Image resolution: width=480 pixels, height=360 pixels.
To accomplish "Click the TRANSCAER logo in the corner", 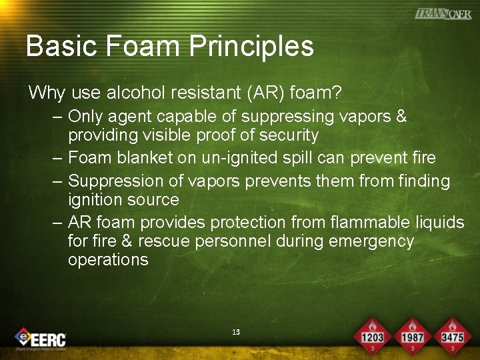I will (443, 14).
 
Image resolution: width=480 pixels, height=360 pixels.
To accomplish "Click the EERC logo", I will (41, 339).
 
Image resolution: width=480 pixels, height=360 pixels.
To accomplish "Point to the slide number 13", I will (236, 332).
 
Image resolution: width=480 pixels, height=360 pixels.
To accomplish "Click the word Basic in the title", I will (61, 47).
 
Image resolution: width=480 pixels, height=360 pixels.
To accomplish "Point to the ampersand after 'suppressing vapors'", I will (401, 117).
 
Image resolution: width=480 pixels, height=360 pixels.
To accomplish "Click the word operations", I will (108, 260).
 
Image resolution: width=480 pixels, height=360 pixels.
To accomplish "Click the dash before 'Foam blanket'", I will (57, 158).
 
